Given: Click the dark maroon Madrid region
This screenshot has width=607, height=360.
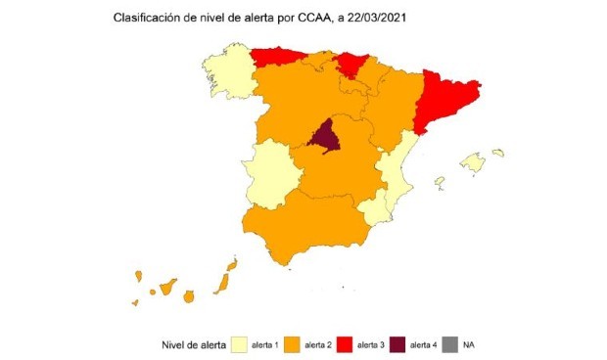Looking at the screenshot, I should click(325, 137).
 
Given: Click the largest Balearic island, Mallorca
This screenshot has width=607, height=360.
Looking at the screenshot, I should click(474, 162).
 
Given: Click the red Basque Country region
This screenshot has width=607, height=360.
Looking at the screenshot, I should click(349, 65).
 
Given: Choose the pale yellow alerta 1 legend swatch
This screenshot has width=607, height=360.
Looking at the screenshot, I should click(239, 344).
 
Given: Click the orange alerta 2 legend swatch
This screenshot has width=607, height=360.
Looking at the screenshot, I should click(292, 344).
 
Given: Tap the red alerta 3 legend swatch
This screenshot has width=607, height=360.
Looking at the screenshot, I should click(345, 344).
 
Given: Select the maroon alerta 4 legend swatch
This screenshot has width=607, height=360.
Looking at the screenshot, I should click(397, 344).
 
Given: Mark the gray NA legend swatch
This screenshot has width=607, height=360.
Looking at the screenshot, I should click(450, 344).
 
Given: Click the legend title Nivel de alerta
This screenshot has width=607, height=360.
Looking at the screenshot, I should click(192, 344).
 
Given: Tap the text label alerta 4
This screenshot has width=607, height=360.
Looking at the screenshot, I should click(423, 344).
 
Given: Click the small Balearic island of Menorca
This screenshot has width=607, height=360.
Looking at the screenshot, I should click(498, 153).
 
